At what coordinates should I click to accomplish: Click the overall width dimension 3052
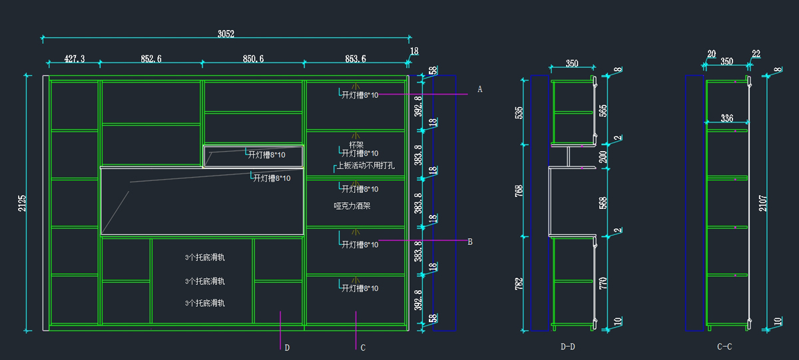[x=226, y=33]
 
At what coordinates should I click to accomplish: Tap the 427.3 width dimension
[x=74, y=59]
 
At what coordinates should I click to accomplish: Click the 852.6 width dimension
[x=151, y=59]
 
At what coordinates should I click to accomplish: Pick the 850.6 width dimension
[x=253, y=59]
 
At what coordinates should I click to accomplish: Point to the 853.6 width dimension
[x=355, y=59]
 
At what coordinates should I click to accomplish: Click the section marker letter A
[x=479, y=89]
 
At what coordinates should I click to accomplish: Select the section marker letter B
[x=470, y=242]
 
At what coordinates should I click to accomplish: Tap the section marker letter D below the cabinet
[x=287, y=347]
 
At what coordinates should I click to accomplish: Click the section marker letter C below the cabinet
[x=363, y=347]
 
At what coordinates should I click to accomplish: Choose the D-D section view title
[x=568, y=347]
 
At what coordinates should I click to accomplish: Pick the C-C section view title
[x=724, y=347]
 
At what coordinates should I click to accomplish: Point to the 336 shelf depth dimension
[x=726, y=118]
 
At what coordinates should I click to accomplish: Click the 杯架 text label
[x=356, y=144]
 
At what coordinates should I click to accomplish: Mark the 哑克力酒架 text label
[x=352, y=206]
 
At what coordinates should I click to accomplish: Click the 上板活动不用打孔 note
[x=366, y=166]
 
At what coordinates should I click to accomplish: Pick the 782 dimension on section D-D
[x=519, y=283]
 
